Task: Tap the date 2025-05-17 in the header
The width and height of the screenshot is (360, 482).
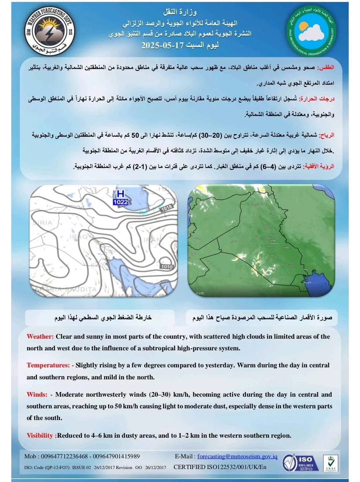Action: pyautogui.click(x=163, y=45)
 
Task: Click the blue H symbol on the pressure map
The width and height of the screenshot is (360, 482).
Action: pyautogui.click(x=120, y=194)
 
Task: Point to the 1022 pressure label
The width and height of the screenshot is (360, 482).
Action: pyautogui.click(x=120, y=202)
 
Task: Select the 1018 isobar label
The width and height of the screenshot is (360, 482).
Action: pyautogui.click(x=166, y=208)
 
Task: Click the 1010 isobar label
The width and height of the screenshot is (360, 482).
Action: pyautogui.click(x=167, y=266)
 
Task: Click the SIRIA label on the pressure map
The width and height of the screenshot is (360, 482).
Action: pyautogui.click(x=42, y=222)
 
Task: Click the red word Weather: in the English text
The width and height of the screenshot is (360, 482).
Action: pyautogui.click(x=40, y=337)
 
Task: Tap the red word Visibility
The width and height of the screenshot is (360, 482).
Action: pyautogui.click(x=40, y=436)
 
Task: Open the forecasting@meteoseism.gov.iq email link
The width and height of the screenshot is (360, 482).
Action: pyautogui.click(x=237, y=456)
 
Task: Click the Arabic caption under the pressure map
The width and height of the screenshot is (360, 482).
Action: pyautogui.click(x=103, y=317)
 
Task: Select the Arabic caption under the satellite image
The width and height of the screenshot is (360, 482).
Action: pyautogui.click(x=262, y=317)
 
